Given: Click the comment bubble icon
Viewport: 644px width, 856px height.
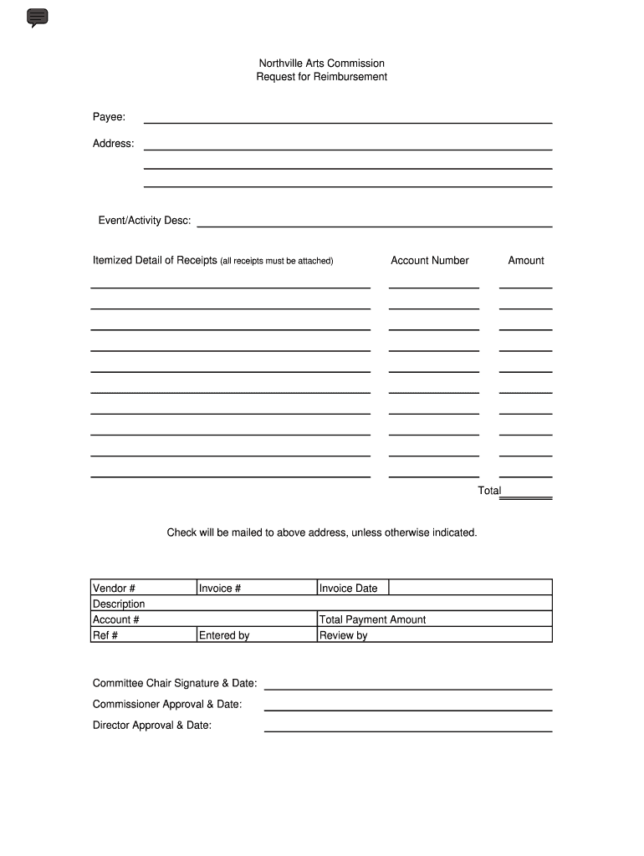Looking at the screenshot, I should (x=38, y=18).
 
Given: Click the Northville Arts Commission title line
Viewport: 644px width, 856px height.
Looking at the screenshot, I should (x=321, y=64).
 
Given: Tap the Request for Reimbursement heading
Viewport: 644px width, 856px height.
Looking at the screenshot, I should (x=321, y=77).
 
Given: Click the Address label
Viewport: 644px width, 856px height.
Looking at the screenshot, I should (x=113, y=144).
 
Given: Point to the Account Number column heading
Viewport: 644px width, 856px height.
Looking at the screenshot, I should (x=430, y=261).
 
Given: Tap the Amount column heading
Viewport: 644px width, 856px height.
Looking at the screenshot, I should (x=526, y=261).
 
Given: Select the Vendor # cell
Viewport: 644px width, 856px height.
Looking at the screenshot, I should (x=143, y=588).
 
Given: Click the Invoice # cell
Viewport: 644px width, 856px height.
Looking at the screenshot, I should (x=256, y=588).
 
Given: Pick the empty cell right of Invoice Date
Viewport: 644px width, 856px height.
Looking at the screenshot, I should (x=470, y=588).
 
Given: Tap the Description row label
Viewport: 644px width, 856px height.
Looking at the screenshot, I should (x=119, y=604).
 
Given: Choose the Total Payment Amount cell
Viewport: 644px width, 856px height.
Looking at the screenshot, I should (x=434, y=619).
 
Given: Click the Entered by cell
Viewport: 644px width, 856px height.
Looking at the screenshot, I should (x=256, y=635).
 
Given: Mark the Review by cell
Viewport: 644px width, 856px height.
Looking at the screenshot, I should (x=434, y=635).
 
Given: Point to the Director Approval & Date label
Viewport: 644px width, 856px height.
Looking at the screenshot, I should (x=152, y=726).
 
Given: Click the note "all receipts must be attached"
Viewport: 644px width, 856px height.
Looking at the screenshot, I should (x=277, y=262).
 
